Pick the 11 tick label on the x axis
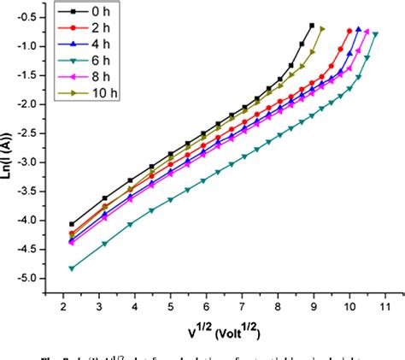384,305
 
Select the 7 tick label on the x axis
242,305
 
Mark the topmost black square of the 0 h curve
311,26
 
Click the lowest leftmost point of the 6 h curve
71,269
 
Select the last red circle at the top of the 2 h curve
349,32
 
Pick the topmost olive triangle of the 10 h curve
321,28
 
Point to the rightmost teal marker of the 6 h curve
375,34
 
